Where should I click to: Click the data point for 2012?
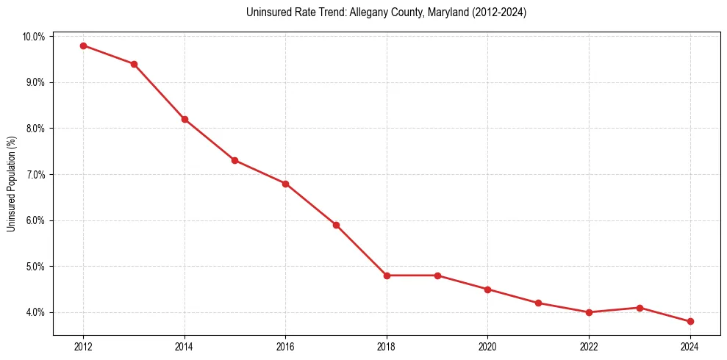(83, 46)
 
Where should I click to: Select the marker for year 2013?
(134, 64)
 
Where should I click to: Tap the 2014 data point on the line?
(185, 119)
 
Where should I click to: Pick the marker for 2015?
(234, 160)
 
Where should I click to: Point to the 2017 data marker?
(336, 225)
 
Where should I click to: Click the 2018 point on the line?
(387, 276)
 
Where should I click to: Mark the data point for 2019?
(437, 276)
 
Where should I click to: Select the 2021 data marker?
(538, 303)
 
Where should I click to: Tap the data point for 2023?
(640, 308)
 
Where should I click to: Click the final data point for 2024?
(690, 321)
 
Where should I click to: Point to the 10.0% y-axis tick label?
(35, 37)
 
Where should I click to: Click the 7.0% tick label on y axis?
(36, 175)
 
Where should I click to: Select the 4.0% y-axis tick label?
(36, 312)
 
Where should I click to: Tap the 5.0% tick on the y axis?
(36, 267)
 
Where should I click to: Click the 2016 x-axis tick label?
(285, 347)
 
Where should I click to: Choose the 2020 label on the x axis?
(487, 347)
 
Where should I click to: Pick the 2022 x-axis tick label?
(589, 347)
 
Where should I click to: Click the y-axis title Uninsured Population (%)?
(11, 184)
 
